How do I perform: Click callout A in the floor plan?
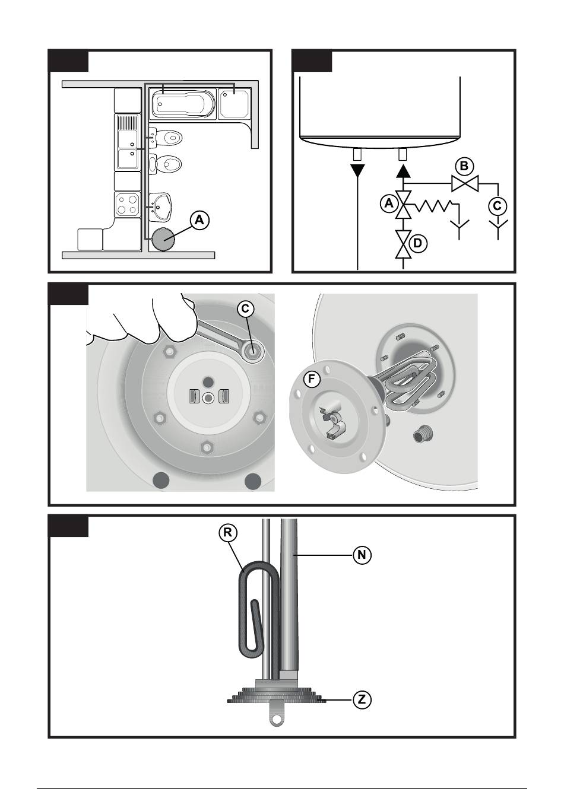click(x=199, y=220)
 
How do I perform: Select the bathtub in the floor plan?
click(x=183, y=103)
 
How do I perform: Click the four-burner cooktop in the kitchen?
click(x=127, y=205)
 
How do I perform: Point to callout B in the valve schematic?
click(x=464, y=166)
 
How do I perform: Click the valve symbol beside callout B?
click(x=465, y=184)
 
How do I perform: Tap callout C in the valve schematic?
click(x=498, y=206)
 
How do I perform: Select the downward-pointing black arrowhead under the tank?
click(x=357, y=170)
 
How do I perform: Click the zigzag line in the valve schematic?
click(x=434, y=206)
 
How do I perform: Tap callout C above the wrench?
click(x=245, y=309)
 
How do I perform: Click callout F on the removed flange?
click(x=311, y=379)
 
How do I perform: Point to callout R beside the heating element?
click(x=228, y=532)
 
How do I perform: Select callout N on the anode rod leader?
click(x=362, y=555)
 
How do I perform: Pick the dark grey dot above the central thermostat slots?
click(x=208, y=381)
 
